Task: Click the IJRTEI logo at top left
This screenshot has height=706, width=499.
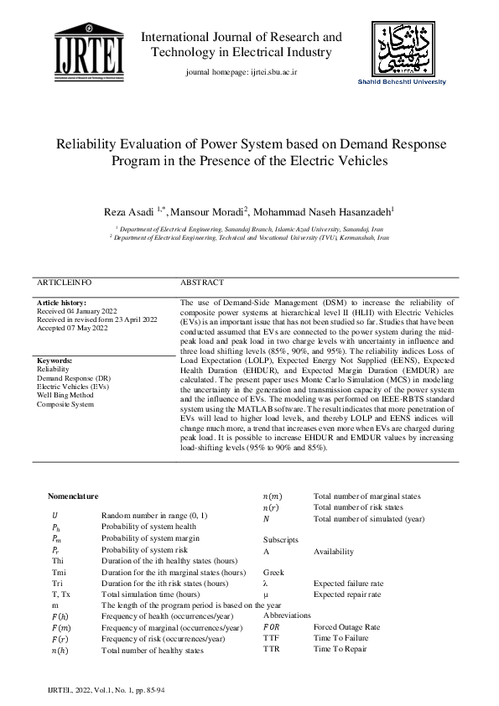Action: coord(89,53)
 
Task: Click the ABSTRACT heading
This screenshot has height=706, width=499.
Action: coord(202,283)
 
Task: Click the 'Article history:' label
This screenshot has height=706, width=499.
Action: coord(61,303)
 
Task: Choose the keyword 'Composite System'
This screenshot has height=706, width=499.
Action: coord(66,404)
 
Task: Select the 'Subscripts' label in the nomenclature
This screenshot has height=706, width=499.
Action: coord(280,540)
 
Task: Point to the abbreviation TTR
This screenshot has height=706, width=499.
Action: coord(272,649)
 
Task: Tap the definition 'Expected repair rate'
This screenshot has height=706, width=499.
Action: coord(347,594)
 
